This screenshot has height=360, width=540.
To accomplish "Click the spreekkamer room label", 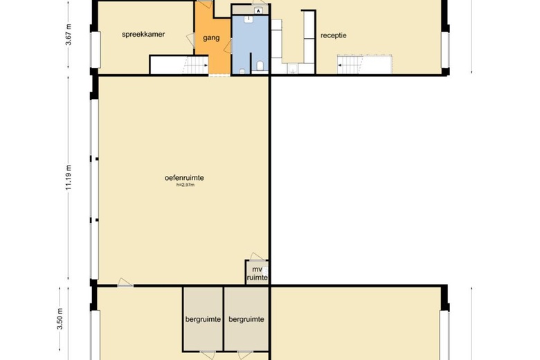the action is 143,35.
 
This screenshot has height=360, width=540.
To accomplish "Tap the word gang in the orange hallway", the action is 211,38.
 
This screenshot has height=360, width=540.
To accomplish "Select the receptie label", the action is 334,35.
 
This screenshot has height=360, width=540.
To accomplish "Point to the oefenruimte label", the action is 184,178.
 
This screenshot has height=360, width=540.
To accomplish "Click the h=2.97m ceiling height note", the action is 186,185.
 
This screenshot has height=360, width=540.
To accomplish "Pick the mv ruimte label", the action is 258,273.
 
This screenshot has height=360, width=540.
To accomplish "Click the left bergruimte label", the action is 203,319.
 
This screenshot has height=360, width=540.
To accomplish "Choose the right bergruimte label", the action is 246,319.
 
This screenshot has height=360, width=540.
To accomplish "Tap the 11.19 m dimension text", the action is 69,178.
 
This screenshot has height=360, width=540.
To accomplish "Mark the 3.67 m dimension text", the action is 69,35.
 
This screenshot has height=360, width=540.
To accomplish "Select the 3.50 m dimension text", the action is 60,319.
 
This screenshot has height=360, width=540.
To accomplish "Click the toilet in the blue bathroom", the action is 260,66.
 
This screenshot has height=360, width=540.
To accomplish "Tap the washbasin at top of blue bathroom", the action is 249,19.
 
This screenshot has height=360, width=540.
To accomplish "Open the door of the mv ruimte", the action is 257,257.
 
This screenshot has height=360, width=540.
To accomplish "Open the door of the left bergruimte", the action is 208,355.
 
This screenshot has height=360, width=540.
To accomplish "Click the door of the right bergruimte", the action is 245,355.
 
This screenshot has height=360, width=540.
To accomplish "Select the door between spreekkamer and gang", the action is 191,40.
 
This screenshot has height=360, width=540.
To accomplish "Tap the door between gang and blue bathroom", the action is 228,46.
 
